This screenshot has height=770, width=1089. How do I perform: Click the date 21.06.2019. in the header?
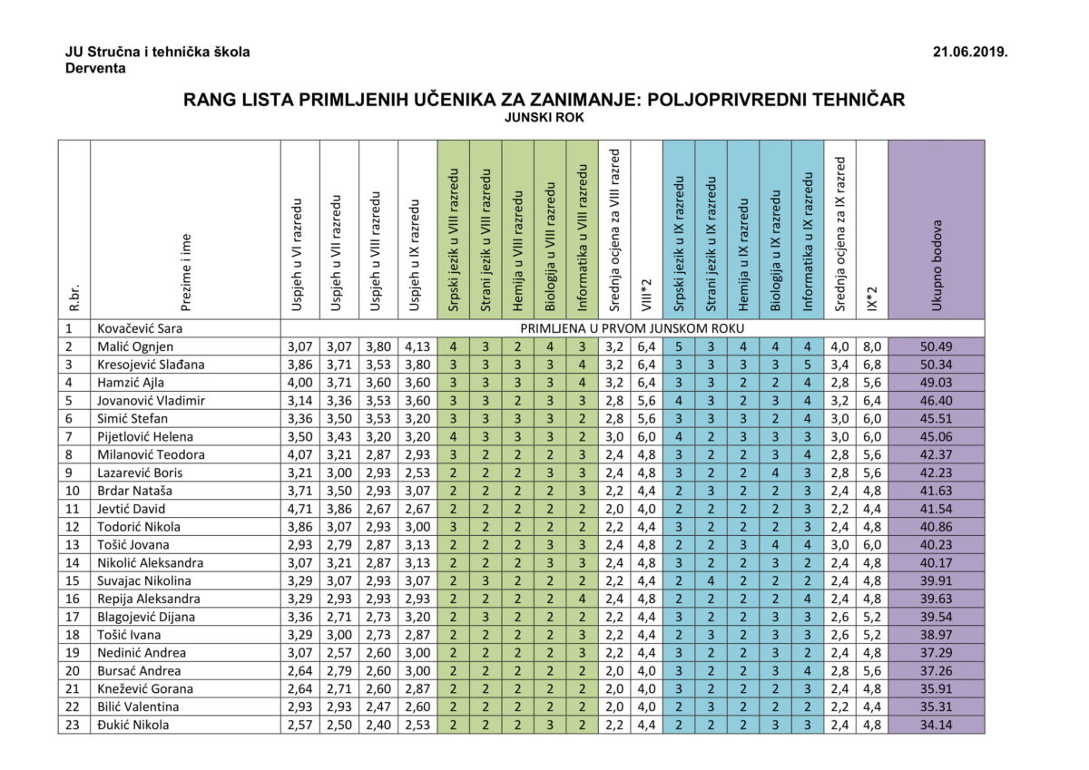pos(970,52)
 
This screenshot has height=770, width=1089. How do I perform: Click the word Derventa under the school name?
pos(95,68)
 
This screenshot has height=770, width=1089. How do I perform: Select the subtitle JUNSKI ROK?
pos(544,117)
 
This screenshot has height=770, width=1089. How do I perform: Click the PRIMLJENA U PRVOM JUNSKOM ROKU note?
pos(633,328)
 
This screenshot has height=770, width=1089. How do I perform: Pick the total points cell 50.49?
pos(936,346)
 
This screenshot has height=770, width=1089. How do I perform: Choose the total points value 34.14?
pos(936,725)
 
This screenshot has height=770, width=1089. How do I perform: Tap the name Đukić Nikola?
pos(132,725)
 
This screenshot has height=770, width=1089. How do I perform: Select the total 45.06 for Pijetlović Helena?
pos(936,436)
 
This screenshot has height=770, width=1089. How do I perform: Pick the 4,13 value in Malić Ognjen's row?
pos(417,346)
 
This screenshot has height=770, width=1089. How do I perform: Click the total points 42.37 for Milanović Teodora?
pos(936,454)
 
